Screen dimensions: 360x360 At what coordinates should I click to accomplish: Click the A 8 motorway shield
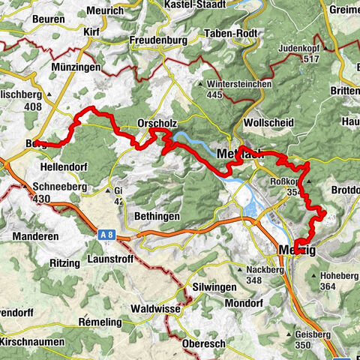[x=107, y=235]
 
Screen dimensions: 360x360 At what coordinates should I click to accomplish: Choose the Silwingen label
[x=214, y=287]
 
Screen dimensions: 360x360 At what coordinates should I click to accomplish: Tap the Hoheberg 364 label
[x=338, y=280]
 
